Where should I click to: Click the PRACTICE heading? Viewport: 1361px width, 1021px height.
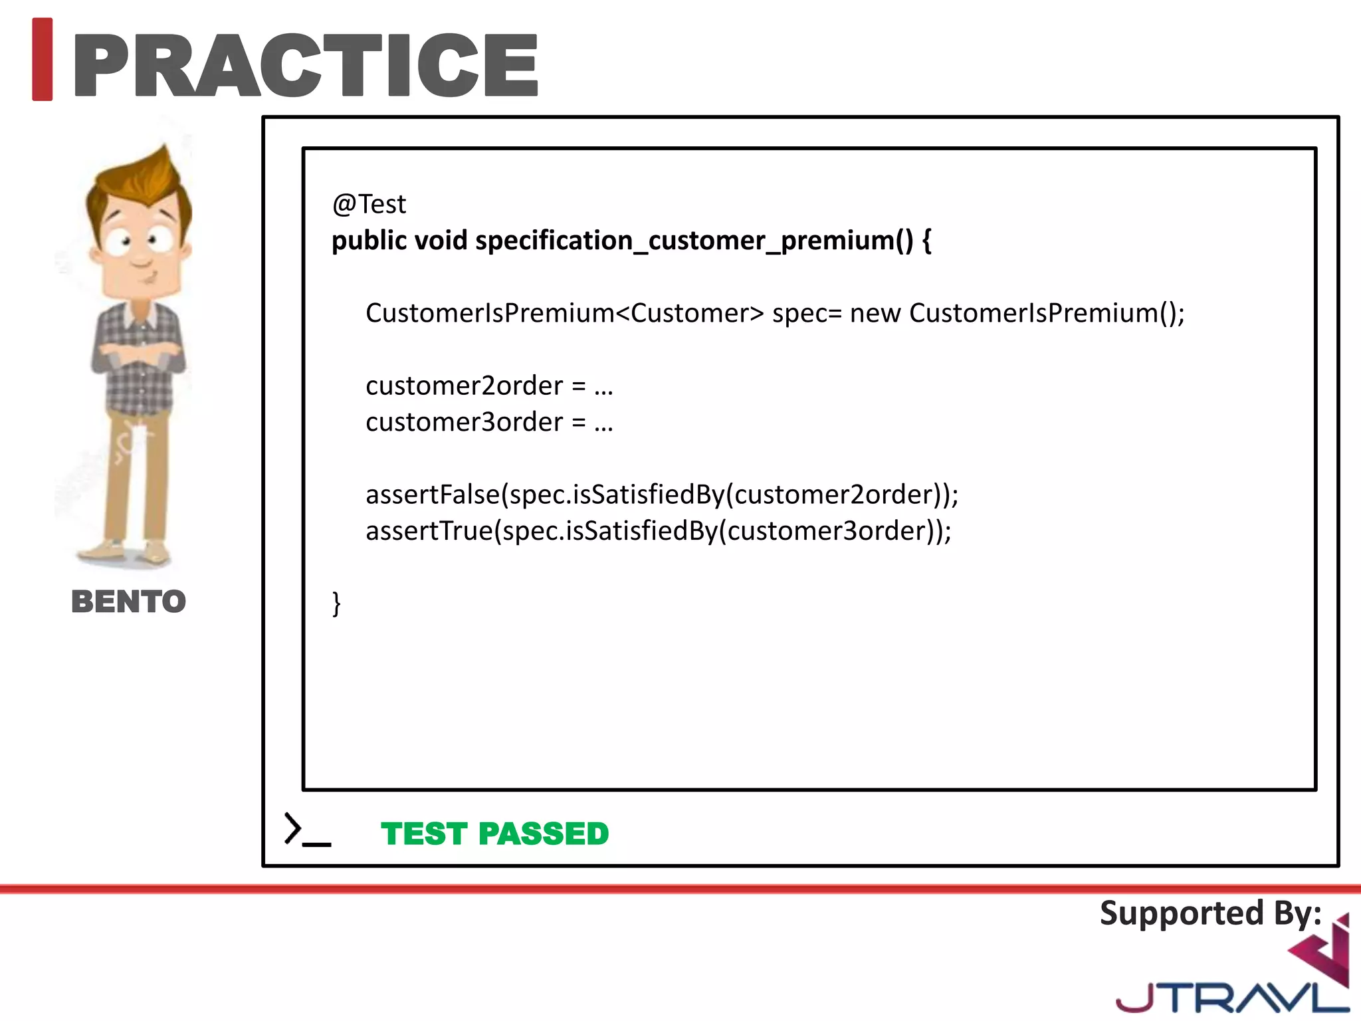pyautogui.click(x=306, y=65)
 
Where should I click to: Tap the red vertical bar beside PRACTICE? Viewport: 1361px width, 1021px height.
pyautogui.click(x=42, y=60)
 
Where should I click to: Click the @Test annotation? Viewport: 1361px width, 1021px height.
pyautogui.click(x=369, y=204)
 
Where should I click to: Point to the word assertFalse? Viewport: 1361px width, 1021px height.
pyautogui.click(x=433, y=495)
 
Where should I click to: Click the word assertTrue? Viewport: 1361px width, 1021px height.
pyautogui.click(x=429, y=531)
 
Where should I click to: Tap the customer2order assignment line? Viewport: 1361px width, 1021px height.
pyautogui.click(x=489, y=386)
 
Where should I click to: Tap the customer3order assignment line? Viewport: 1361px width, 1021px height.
pyautogui.click(x=489, y=422)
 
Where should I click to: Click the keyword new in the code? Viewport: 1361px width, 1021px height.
pyautogui.click(x=875, y=313)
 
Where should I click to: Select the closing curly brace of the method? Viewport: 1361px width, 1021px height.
pyautogui.click(x=336, y=604)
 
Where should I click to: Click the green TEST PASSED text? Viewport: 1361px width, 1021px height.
pyautogui.click(x=494, y=834)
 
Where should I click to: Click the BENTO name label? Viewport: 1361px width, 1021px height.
pyautogui.click(x=128, y=602)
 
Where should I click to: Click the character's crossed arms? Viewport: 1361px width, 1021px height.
pyautogui.click(x=138, y=356)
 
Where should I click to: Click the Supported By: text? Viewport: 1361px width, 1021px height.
pyautogui.click(x=1210, y=913)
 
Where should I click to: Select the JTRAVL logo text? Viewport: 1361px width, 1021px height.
pyautogui.click(x=1229, y=997)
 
